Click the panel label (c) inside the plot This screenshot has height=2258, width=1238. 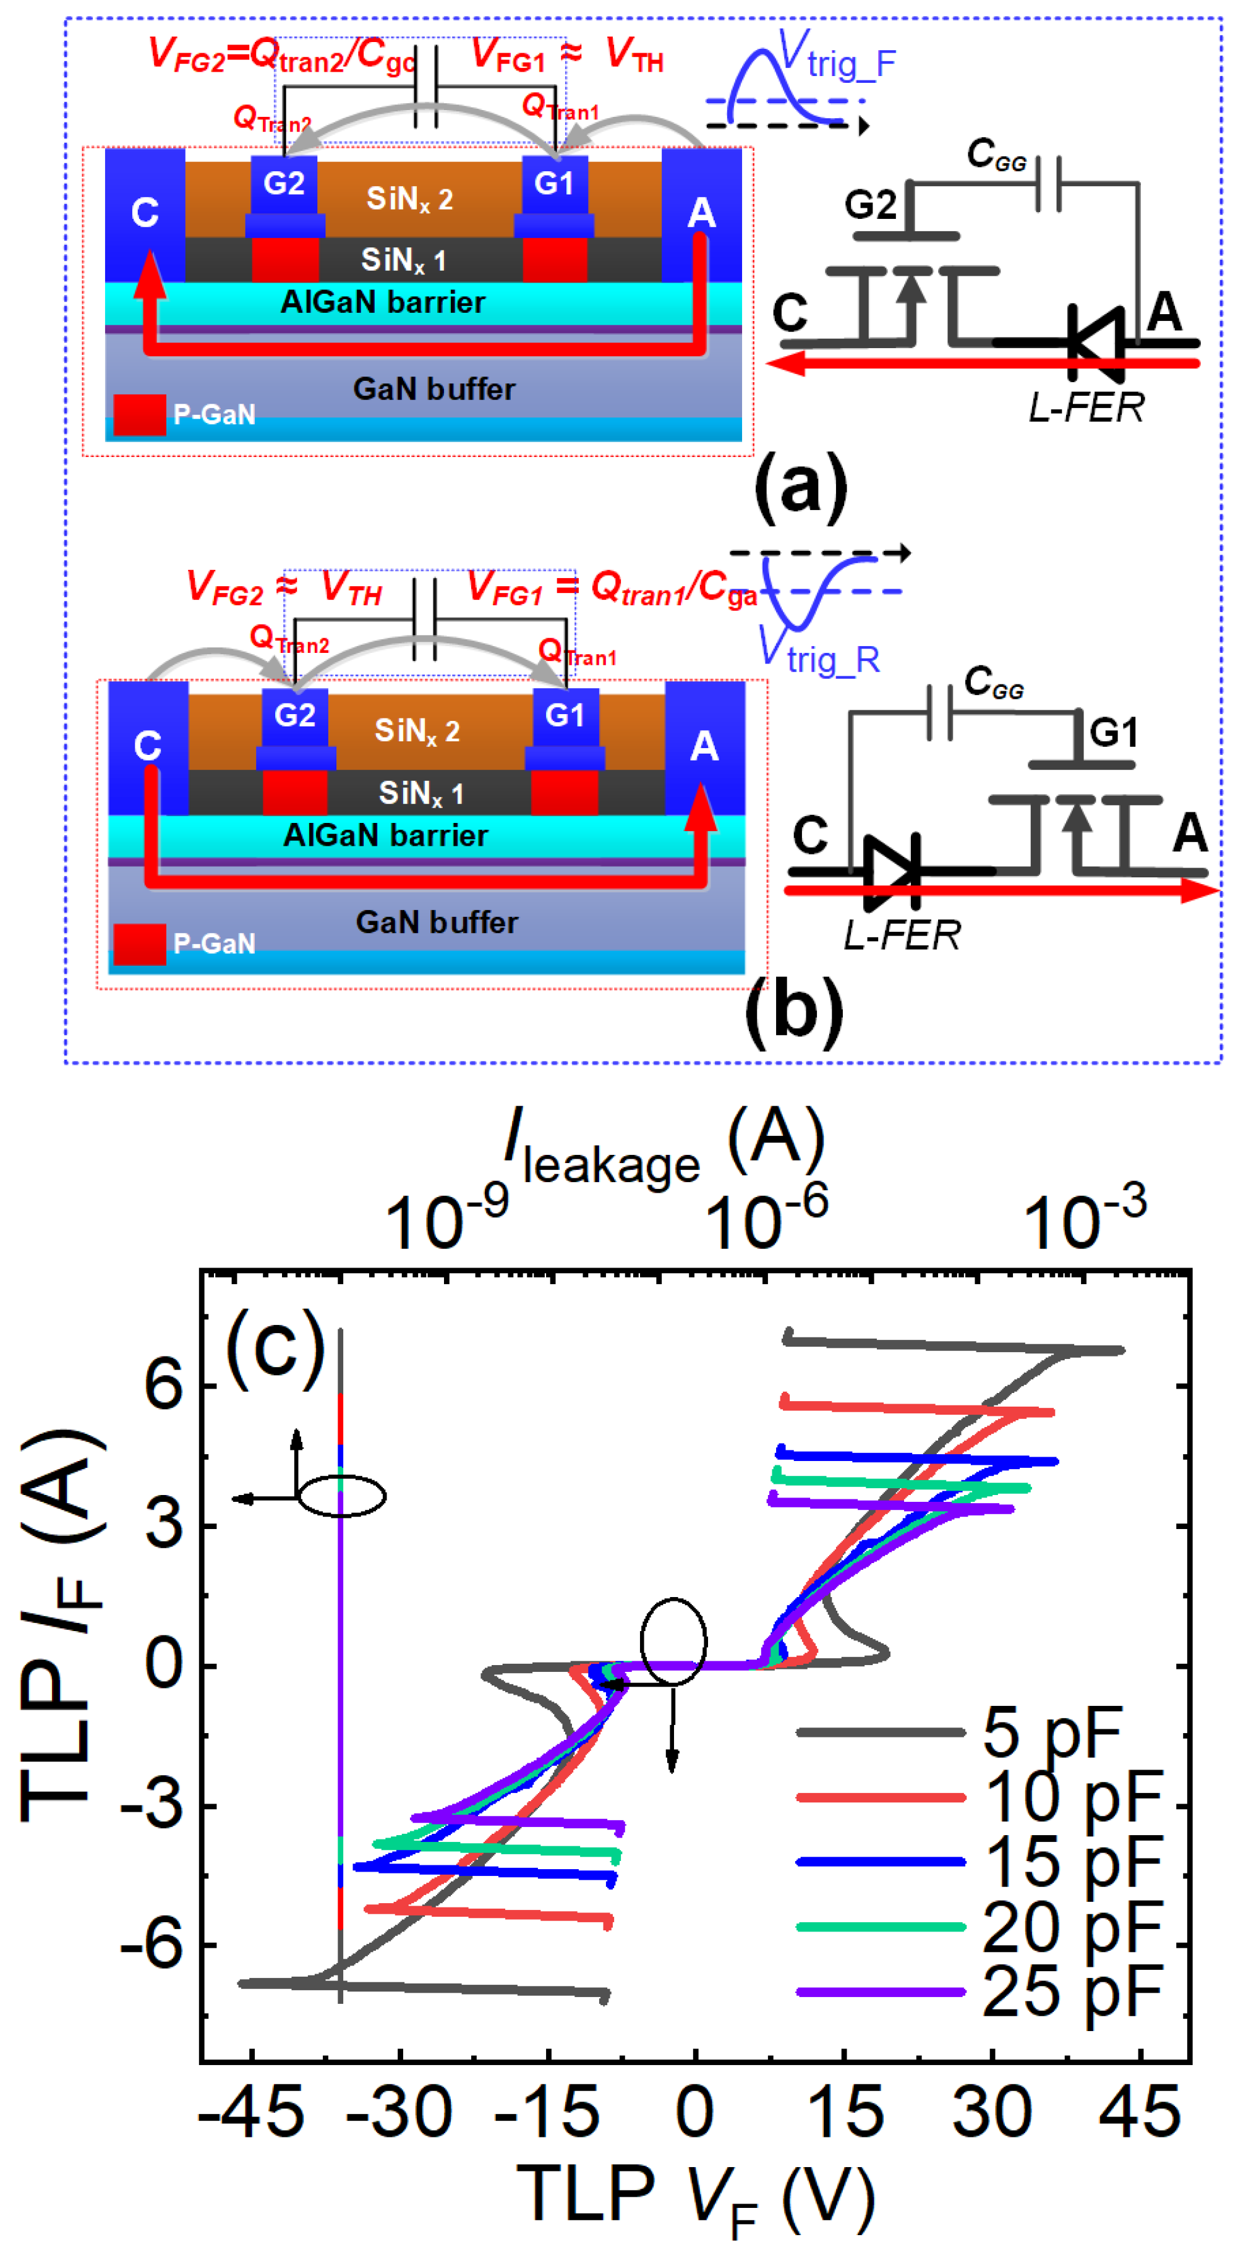pos(275,1347)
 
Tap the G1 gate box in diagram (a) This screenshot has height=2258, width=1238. pos(554,184)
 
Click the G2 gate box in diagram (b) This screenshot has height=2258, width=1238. pos(294,716)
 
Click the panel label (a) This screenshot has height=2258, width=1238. pos(800,485)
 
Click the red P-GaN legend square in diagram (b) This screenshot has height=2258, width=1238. pos(139,944)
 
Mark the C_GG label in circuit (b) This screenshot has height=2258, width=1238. pos(993,683)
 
